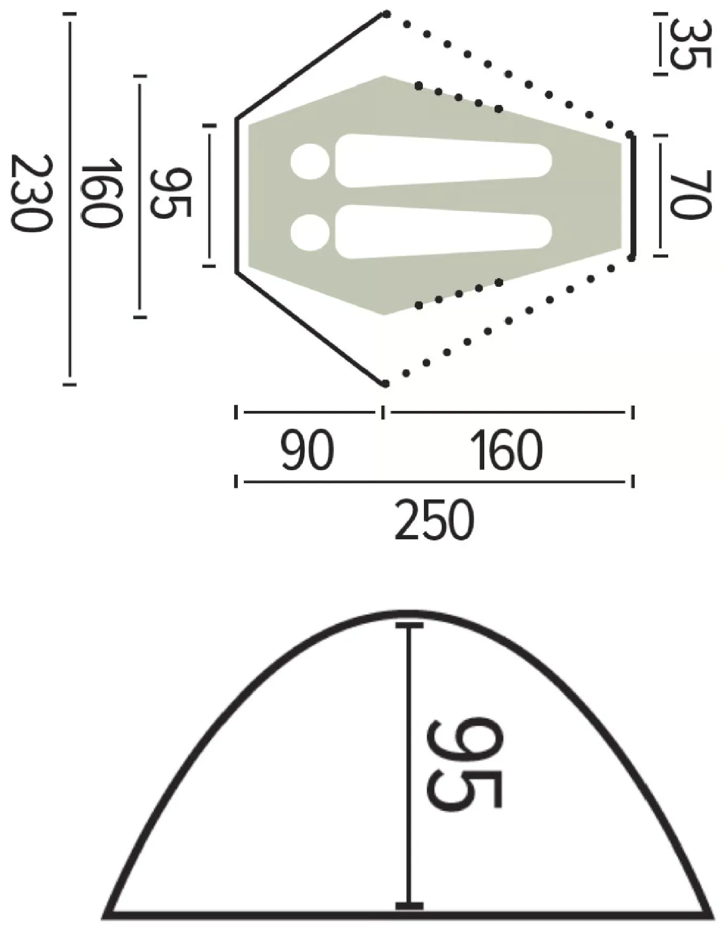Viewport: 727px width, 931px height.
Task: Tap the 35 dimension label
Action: tap(691, 44)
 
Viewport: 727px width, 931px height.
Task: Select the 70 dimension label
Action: tap(691, 195)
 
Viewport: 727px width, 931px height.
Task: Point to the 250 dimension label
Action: tap(434, 520)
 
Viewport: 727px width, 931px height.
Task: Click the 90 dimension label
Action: tap(307, 451)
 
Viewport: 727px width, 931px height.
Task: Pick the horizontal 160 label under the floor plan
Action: tap(506, 451)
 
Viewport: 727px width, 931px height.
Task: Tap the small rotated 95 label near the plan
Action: tap(170, 193)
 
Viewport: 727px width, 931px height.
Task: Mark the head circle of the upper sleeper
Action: tap(310, 162)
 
